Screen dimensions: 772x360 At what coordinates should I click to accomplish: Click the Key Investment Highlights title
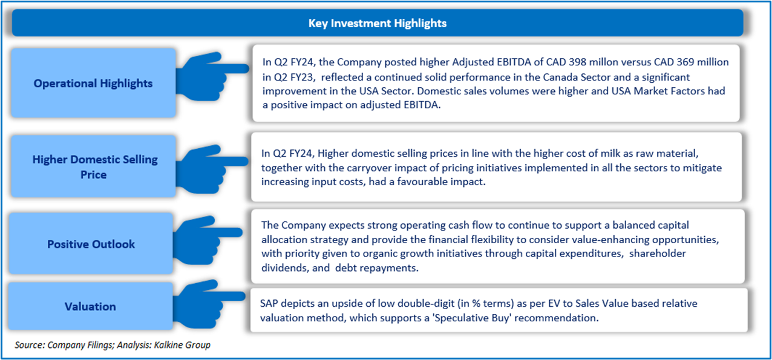378,23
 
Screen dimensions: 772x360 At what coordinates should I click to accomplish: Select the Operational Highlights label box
93,83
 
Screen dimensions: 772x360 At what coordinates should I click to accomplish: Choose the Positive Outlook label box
91,244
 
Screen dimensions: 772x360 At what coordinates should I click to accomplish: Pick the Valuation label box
90,306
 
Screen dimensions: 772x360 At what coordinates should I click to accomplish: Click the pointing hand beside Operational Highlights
211,76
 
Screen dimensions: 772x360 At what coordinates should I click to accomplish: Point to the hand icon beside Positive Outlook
208,240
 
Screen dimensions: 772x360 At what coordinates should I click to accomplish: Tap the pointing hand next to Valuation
209,304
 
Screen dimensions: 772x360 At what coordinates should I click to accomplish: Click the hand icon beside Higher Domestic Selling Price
212,169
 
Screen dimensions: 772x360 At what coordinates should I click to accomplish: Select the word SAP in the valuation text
269,304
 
